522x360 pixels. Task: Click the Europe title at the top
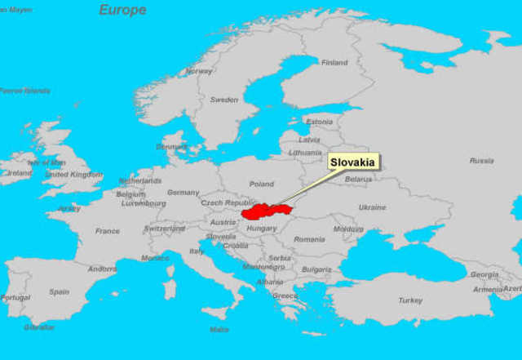tap(122, 10)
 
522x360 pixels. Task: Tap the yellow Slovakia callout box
tap(354, 162)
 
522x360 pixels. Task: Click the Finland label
tap(334, 63)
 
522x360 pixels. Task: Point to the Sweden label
tap(224, 100)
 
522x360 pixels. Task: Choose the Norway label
tap(199, 71)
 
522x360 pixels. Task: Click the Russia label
tap(481, 161)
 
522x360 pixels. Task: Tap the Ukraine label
tap(373, 207)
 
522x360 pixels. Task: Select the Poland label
tap(262, 184)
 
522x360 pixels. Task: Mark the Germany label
tap(183, 193)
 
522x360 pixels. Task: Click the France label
tap(108, 231)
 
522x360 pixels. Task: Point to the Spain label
tap(59, 291)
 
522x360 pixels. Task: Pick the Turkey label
tap(410, 300)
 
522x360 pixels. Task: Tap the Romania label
tap(310, 239)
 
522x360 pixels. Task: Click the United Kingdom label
tap(73, 175)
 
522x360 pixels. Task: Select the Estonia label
tap(319, 122)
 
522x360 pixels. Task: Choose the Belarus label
tap(358, 180)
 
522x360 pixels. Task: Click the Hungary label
tap(262, 229)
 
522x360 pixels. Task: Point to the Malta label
tap(219, 330)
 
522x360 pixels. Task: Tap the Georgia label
tap(484, 275)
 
